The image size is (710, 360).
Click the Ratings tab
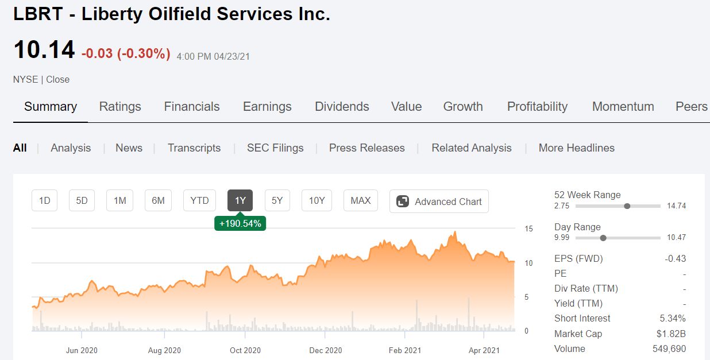click(120, 107)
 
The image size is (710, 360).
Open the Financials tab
click(192, 107)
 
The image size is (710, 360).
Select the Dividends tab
click(342, 107)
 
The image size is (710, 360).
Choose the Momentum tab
click(623, 107)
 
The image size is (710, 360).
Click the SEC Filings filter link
click(275, 148)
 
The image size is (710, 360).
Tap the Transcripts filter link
click(194, 148)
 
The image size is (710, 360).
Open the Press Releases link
click(366, 148)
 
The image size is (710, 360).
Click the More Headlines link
click(576, 148)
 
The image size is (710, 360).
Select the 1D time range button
click(44, 201)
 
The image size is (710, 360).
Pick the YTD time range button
click(199, 201)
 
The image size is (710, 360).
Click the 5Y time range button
click(277, 201)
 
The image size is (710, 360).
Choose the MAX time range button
click(361, 201)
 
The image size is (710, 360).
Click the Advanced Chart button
click(439, 202)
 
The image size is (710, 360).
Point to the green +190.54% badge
click(240, 223)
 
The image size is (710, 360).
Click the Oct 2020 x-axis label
click(245, 350)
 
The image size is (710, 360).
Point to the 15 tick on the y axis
click(528, 229)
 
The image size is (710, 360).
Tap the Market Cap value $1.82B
click(671, 334)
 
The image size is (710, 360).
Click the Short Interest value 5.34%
click(673, 319)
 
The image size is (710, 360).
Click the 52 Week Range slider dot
click(627, 206)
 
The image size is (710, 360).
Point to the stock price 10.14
click(44, 50)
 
